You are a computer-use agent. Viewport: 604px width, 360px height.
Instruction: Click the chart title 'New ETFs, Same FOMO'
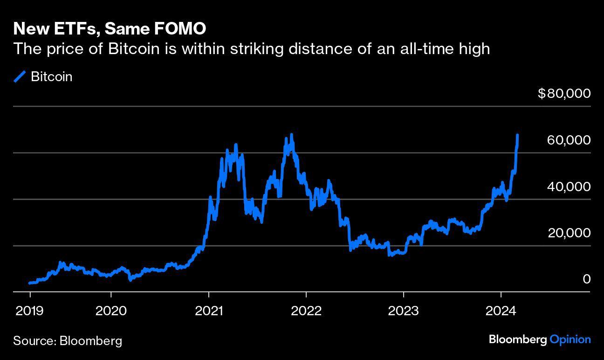[x=110, y=29]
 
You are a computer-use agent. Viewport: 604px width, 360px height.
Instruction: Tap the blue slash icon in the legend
[x=20, y=76]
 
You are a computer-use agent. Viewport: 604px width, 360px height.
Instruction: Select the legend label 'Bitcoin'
[x=51, y=76]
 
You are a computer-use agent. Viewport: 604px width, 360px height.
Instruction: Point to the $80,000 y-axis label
[x=564, y=93]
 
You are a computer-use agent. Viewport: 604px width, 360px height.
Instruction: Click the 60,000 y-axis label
[x=569, y=140]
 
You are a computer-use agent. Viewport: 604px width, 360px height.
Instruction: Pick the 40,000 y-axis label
[x=569, y=187]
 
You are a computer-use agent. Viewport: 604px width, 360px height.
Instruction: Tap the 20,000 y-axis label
[x=569, y=233]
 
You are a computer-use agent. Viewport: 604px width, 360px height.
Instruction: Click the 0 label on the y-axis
[x=586, y=279]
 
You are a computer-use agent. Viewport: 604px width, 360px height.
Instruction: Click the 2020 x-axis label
[x=111, y=311]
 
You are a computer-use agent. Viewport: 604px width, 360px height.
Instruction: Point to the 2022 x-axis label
[x=306, y=311]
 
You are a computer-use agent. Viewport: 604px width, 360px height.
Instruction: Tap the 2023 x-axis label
[x=404, y=311]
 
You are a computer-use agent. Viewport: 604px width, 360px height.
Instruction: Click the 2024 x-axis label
[x=501, y=311]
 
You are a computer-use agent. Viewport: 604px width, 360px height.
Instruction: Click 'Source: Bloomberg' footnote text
[x=68, y=340]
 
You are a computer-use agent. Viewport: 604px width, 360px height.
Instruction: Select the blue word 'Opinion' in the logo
[x=570, y=339]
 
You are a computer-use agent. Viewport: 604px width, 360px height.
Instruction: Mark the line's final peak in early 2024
[x=518, y=135]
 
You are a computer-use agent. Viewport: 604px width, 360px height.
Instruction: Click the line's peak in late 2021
[x=292, y=135]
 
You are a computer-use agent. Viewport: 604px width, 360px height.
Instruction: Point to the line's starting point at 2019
[x=30, y=283]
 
